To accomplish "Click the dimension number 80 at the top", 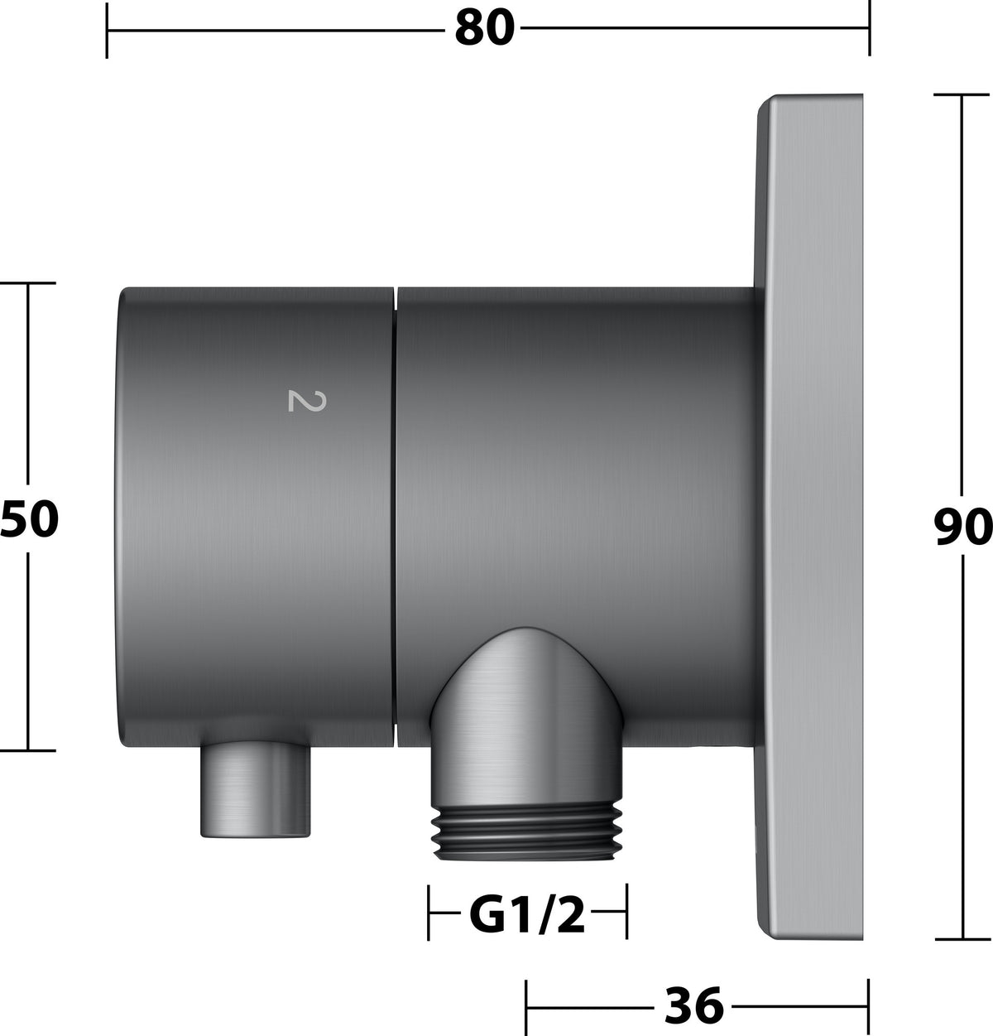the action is click(x=484, y=28).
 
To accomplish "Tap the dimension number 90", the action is click(x=963, y=527).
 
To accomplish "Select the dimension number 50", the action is click(x=29, y=518).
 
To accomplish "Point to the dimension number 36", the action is click(x=694, y=1005).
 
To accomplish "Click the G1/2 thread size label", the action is click(x=527, y=915).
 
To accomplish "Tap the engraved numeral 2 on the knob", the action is click(x=307, y=401).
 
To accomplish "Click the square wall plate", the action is click(x=809, y=517).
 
